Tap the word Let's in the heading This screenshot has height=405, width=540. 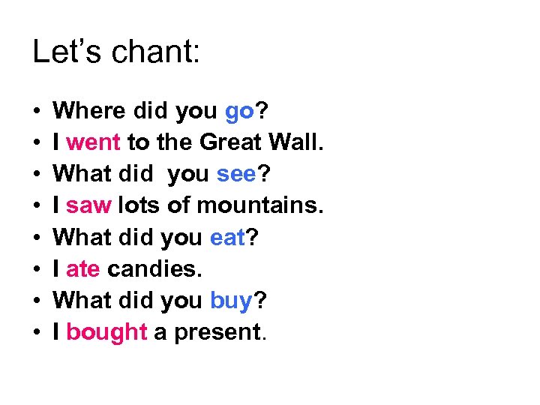[63, 52]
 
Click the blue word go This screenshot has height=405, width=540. [240, 112]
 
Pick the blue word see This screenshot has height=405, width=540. [237, 175]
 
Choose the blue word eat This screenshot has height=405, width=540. [228, 238]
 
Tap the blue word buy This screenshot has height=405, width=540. [231, 301]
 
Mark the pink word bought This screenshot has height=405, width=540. [106, 333]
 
